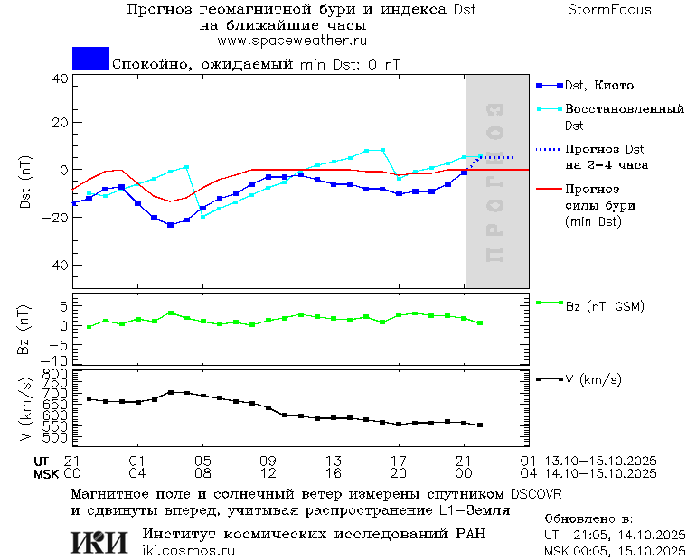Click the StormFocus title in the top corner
(609, 10)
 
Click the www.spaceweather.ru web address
(292, 41)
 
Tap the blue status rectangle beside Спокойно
(90, 59)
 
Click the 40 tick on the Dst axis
(60, 79)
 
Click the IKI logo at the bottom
(99, 542)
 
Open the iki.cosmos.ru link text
(189, 551)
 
